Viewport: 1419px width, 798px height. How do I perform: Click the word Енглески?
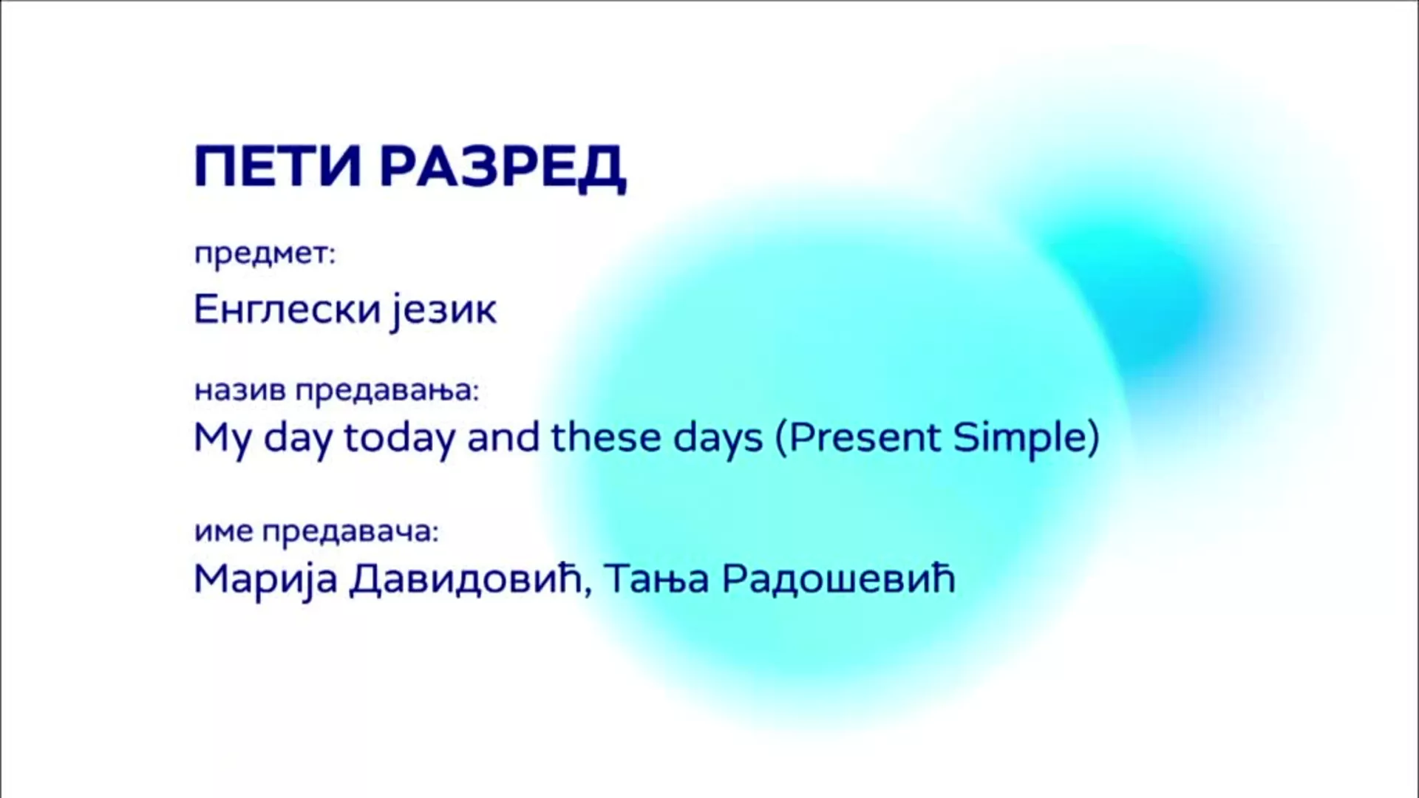coord(287,309)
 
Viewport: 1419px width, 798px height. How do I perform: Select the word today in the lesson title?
coord(400,439)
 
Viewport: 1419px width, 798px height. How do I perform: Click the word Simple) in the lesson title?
coord(1026,439)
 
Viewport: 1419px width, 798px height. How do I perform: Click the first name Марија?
coord(265,579)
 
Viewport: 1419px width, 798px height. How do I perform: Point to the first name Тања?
coord(657,579)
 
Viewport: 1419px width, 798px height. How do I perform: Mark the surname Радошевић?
coord(838,579)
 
